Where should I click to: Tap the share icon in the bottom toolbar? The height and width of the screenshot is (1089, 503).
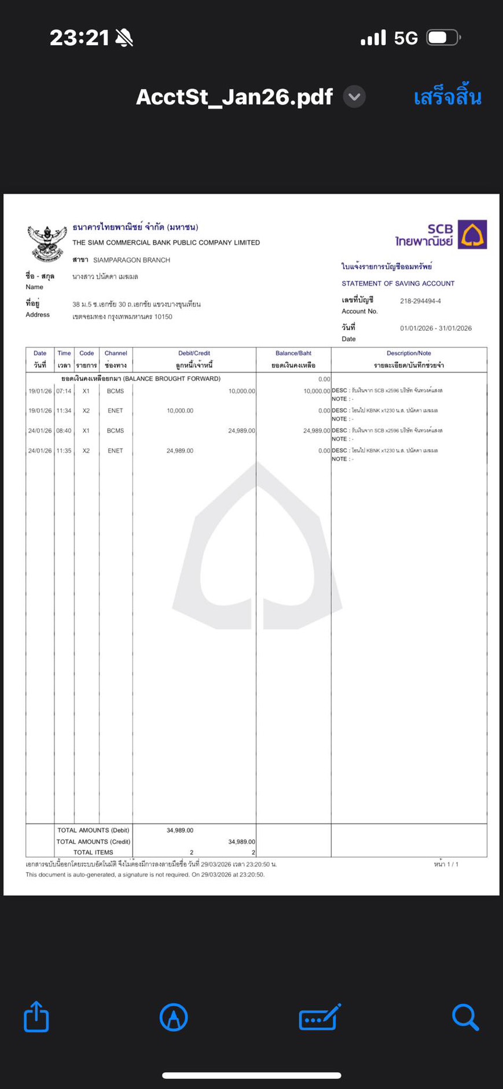pos(36,1016)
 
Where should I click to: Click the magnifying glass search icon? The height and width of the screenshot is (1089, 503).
pos(465,1017)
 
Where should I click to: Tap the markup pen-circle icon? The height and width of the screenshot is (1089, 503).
pos(174,1017)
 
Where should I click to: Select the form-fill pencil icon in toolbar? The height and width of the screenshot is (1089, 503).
pos(319,1017)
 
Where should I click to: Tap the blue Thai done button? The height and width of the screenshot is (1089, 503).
pos(447,97)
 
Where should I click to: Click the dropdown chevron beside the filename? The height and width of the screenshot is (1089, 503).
pos(354,97)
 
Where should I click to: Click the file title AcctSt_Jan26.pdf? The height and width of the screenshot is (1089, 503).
pos(234,97)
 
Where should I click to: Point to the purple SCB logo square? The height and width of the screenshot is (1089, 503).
pos(472,234)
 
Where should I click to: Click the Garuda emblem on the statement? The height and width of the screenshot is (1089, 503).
pos(46,243)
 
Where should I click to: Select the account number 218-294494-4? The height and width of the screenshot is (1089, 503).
pos(420,301)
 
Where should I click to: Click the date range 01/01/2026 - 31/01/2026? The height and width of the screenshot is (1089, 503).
pos(435,328)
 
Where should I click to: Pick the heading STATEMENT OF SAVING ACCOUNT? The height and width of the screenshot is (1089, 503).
pos(398,283)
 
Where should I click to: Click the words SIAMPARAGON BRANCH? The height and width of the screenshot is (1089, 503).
pos(131,260)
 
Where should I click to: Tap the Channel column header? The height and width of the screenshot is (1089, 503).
pos(116,353)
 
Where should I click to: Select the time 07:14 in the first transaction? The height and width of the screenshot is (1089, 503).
pos(64,391)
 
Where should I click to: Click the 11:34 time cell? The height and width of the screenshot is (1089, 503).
pos(64,411)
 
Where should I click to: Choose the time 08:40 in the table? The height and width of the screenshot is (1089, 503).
pos(64,430)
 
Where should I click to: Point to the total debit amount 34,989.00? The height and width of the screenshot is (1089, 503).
pos(179,830)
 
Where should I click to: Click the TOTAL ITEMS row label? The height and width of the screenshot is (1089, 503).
pos(93,852)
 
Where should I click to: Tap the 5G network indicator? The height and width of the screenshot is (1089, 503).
pos(405,38)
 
